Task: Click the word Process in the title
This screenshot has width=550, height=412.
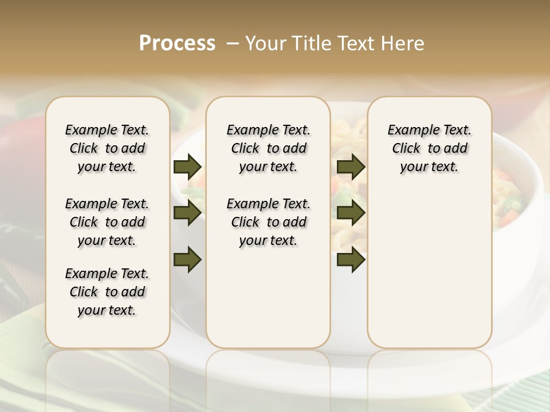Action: click(177, 43)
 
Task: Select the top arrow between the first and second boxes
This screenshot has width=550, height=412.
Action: click(187, 167)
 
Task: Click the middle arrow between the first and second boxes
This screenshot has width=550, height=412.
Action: click(187, 213)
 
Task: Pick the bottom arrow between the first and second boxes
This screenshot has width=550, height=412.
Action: click(187, 259)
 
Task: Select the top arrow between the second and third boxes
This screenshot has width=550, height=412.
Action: click(351, 167)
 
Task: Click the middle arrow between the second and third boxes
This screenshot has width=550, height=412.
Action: click(351, 213)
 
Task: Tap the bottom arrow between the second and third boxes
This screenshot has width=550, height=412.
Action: click(351, 259)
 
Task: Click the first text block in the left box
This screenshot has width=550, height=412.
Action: click(107, 148)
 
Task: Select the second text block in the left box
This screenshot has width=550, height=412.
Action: click(107, 222)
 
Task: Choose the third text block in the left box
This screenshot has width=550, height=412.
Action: click(107, 292)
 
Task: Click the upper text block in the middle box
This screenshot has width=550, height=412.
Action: click(269, 148)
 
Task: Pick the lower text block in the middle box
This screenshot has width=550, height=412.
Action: click(269, 222)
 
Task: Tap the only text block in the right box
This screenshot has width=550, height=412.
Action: click(430, 148)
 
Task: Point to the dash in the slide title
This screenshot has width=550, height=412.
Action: click(233, 43)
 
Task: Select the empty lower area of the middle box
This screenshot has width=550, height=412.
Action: click(269, 298)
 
